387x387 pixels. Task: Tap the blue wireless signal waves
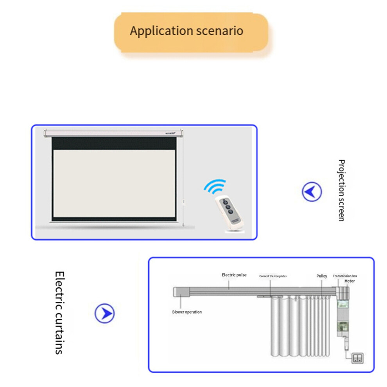coord(215,187)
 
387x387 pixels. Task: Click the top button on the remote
coord(225,202)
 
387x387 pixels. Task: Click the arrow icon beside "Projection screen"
coord(312,192)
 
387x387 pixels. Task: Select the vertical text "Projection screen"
coord(341,190)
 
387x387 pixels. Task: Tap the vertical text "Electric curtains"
coord(59,313)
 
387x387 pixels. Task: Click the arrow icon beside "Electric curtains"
coord(105,313)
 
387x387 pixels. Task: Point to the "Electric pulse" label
coord(234,275)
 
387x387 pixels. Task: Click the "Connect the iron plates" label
coord(273,276)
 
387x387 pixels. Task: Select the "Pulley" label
coord(322,276)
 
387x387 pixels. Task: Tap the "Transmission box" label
coord(345,276)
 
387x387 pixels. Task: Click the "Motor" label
coord(349,281)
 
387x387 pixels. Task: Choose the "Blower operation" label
coord(187,312)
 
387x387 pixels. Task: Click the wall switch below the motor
coord(358,358)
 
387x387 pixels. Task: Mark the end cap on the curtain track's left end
coord(180,292)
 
